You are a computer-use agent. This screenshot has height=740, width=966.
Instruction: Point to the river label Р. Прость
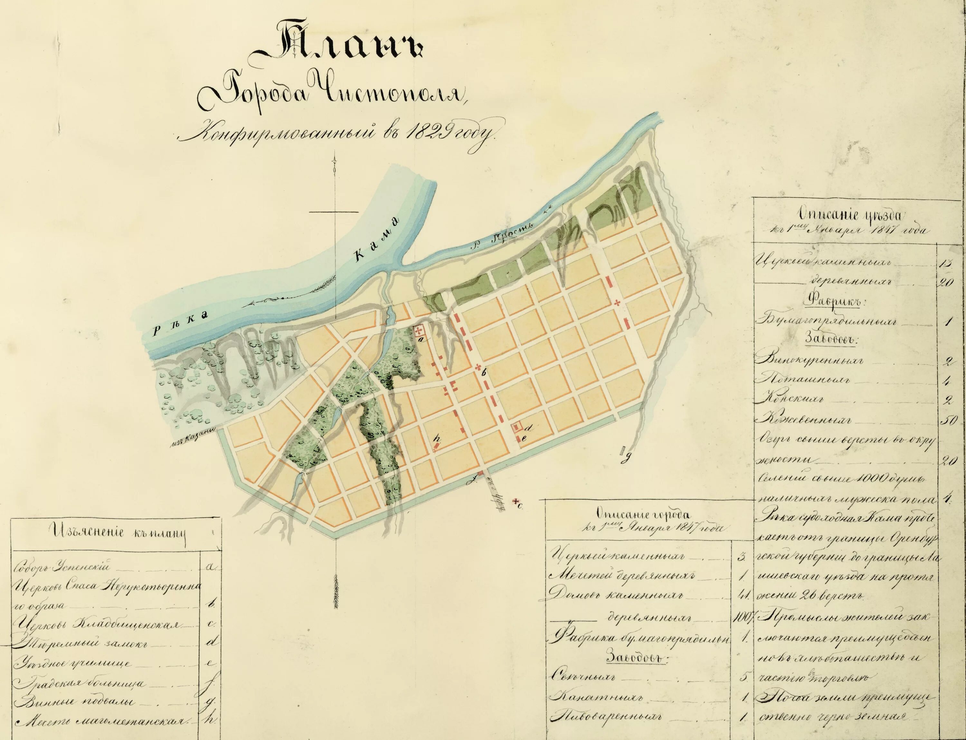tap(507, 238)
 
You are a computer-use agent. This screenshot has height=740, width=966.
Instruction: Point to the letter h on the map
tap(437, 438)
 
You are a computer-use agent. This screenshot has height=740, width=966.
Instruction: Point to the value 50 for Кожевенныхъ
tap(947, 421)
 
